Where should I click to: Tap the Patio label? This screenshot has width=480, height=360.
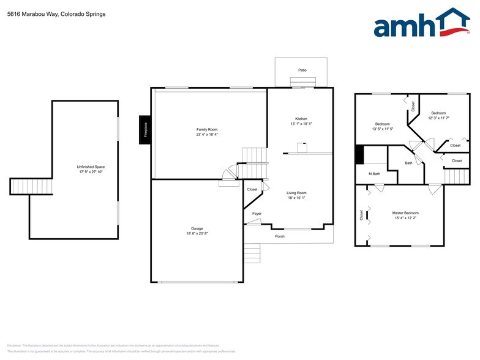click(302, 70)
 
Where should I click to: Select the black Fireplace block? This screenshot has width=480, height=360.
click(145, 130)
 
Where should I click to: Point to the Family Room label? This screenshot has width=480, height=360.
click(207, 130)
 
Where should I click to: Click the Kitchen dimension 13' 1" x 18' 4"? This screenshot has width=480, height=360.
click(301, 124)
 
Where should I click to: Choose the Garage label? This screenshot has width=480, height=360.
click(197, 228)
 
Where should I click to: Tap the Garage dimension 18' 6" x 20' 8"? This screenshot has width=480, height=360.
click(197, 234)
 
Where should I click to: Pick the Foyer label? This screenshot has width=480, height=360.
click(257, 213)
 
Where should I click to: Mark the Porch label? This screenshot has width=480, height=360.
click(280, 236)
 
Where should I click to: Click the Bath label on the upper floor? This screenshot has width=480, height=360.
click(408, 163)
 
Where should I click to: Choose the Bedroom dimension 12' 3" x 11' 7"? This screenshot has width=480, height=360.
click(438, 118)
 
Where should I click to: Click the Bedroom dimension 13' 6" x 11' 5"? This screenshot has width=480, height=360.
click(383, 129)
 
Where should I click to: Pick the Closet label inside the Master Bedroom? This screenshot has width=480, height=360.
click(362, 215)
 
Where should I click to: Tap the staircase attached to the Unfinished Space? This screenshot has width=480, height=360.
click(20, 186)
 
